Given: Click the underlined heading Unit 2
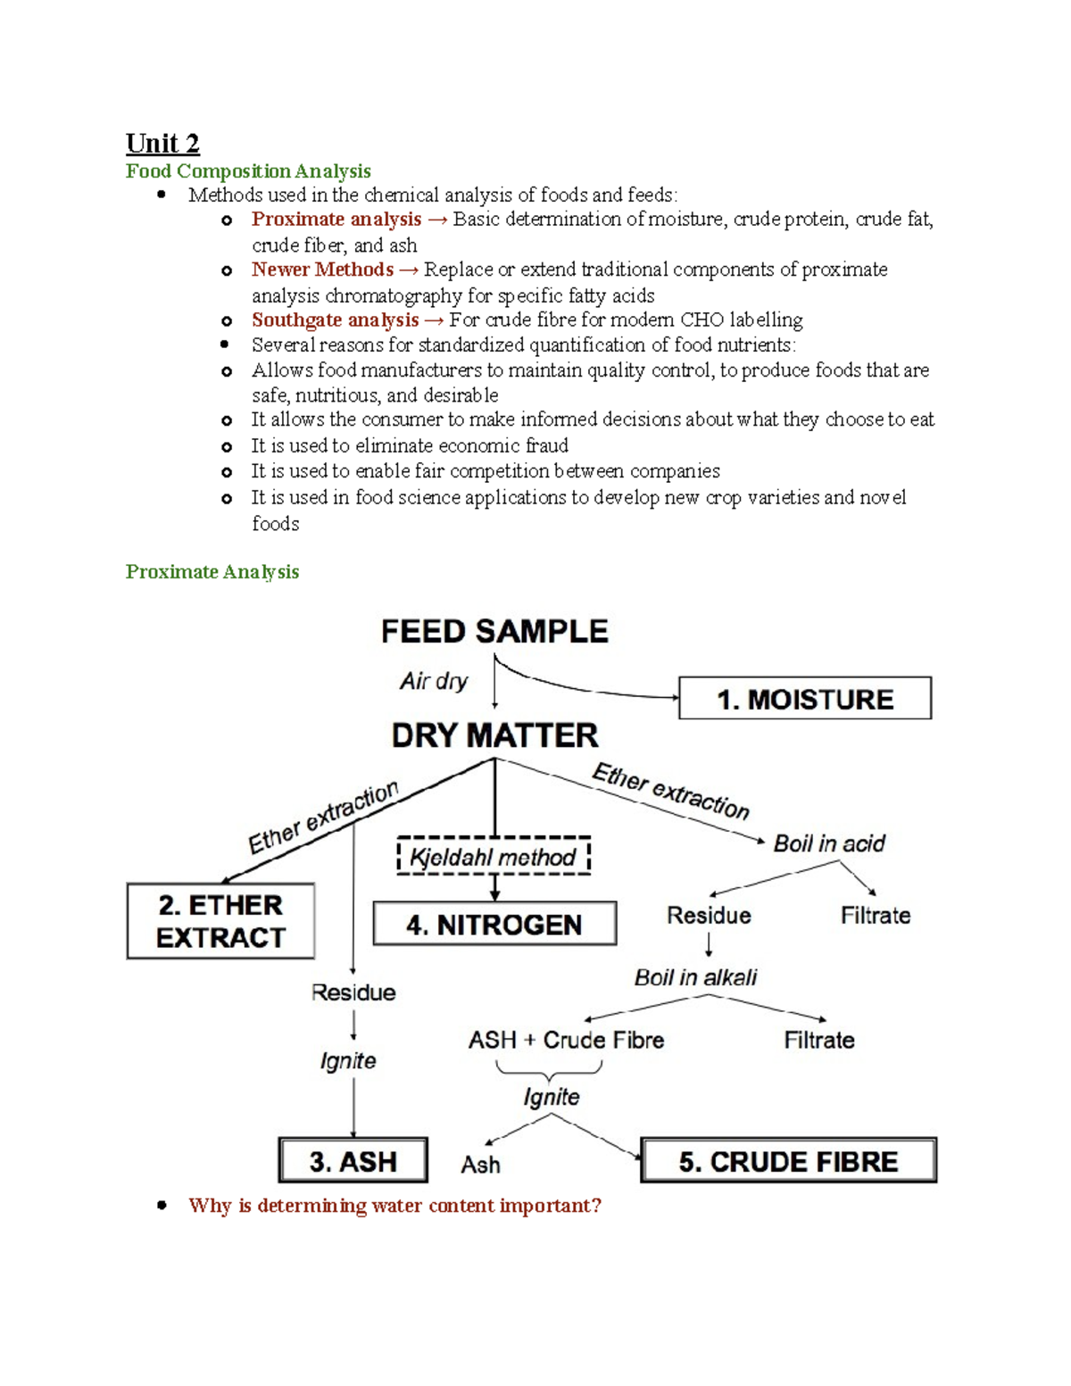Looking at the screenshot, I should (x=162, y=144).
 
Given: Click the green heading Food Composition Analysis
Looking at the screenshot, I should (x=248, y=171).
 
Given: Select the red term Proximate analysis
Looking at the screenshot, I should (x=336, y=220).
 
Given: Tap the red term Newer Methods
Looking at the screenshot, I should (x=322, y=270).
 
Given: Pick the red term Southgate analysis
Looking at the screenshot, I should (x=335, y=320).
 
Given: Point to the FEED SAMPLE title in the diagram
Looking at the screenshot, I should (x=494, y=632).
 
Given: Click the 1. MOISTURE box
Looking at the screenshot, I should (x=805, y=699).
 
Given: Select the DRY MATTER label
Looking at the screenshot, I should (x=494, y=735).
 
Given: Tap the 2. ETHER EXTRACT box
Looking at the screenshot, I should (x=220, y=921).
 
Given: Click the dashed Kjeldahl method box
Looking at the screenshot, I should (x=494, y=857).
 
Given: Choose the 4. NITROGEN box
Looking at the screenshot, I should (x=494, y=925).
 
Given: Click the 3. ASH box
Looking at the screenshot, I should (x=353, y=1161).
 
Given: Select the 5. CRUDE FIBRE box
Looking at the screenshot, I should (x=788, y=1161).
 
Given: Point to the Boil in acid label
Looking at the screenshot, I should (x=829, y=843).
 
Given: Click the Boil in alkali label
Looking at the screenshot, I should (x=695, y=977).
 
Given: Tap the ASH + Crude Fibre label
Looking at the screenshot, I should (x=566, y=1040).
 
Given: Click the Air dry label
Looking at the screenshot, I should (x=434, y=681).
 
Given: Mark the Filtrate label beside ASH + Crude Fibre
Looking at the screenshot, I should (x=818, y=1040).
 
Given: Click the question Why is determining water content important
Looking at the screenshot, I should (x=394, y=1206).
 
